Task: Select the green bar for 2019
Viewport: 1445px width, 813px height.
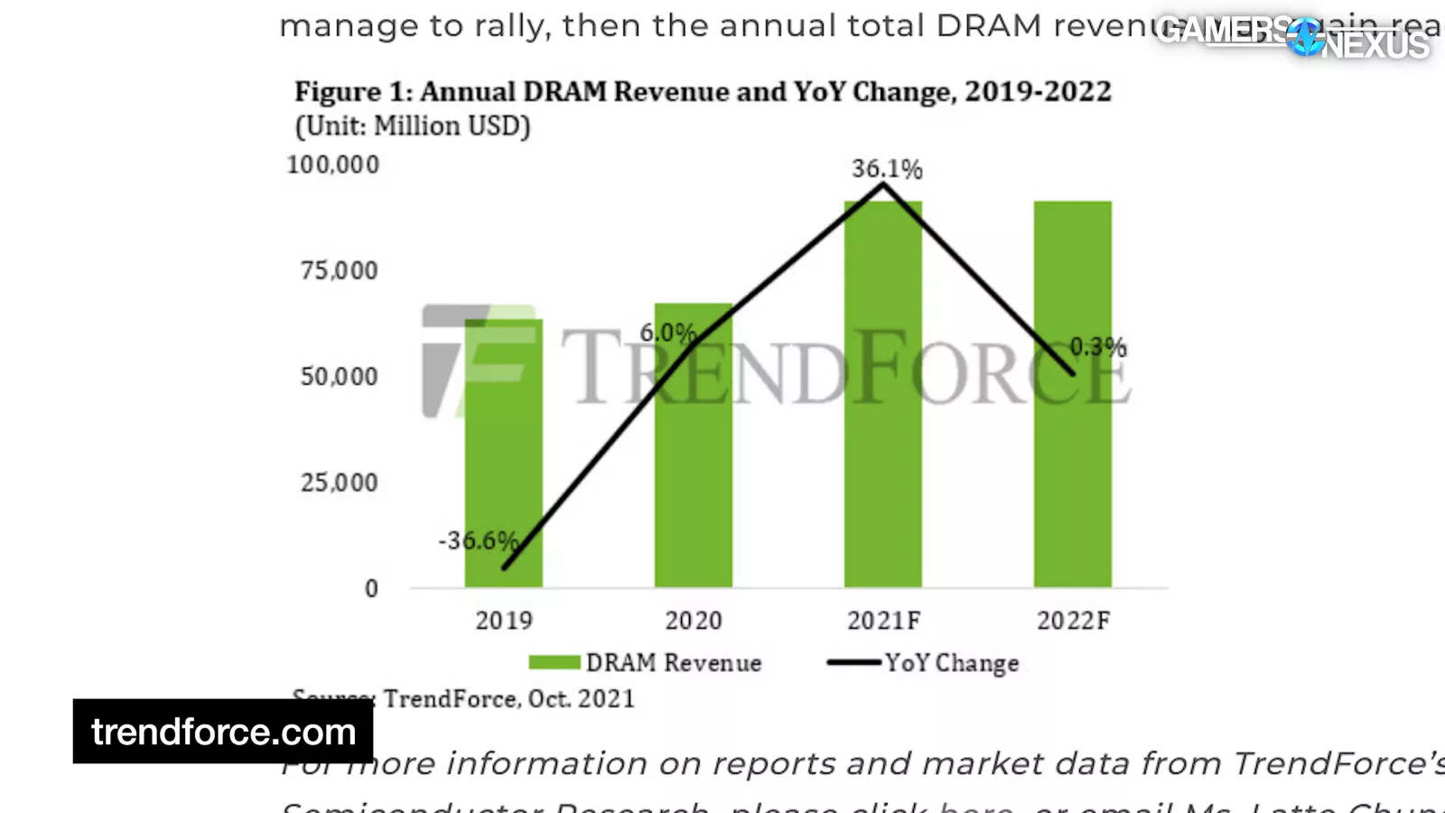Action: click(503, 452)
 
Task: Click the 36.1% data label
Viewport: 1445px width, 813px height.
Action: click(886, 169)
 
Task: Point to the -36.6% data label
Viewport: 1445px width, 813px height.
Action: click(478, 540)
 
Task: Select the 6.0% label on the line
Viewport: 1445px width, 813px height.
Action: click(667, 332)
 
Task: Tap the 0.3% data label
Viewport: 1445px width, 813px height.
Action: click(1097, 347)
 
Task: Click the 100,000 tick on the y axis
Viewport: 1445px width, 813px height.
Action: click(332, 164)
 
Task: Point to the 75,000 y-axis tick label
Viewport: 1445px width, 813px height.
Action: click(339, 270)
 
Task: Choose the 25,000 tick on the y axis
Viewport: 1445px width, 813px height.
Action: click(339, 482)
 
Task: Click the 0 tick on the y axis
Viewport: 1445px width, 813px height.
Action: click(371, 589)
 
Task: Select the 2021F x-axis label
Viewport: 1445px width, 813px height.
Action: click(883, 621)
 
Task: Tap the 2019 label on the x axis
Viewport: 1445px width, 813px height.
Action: click(504, 621)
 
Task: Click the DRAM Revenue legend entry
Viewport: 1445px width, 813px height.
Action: click(645, 663)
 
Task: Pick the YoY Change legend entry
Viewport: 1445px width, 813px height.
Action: click(923, 663)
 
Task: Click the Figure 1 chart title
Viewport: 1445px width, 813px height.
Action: click(702, 92)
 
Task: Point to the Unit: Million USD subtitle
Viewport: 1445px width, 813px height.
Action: click(413, 126)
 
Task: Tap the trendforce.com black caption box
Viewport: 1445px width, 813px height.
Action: click(223, 732)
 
